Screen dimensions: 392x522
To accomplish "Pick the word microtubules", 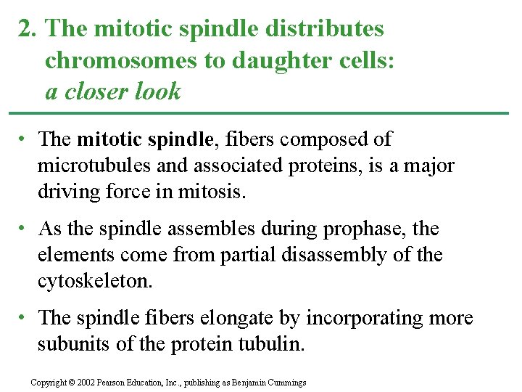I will coord(94,166).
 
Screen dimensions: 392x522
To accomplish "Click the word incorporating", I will coord(369,318).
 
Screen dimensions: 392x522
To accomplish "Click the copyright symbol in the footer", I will coord(72,383).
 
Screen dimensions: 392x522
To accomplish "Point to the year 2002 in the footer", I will coord(85,383).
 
